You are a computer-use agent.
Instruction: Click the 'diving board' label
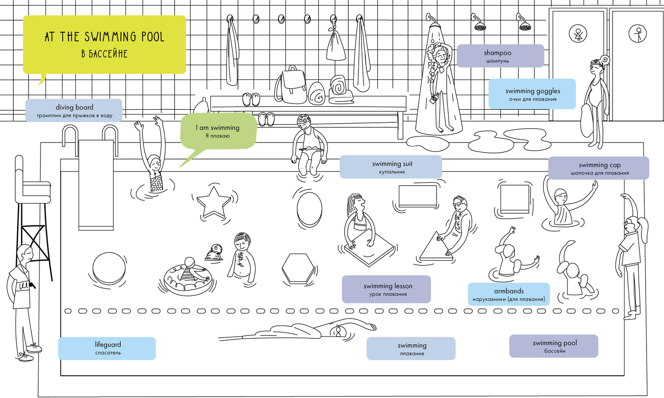click(74, 110)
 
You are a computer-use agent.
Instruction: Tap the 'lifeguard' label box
click(107, 348)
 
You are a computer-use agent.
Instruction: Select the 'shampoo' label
click(500, 56)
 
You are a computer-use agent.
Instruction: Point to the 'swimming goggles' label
click(532, 94)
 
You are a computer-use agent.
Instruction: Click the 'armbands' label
click(509, 294)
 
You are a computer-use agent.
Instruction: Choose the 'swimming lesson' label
click(386, 289)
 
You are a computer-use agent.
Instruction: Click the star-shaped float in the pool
click(213, 203)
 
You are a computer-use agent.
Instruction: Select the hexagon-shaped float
click(298, 269)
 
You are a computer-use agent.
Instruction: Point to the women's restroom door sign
click(578, 33)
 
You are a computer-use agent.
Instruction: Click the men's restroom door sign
click(637, 33)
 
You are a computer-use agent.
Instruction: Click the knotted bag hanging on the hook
click(336, 45)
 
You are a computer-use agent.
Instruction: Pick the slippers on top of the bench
click(251, 99)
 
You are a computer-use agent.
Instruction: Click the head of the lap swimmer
click(338, 331)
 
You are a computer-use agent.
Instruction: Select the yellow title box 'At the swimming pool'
click(104, 45)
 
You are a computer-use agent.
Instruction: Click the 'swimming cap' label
click(599, 168)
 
